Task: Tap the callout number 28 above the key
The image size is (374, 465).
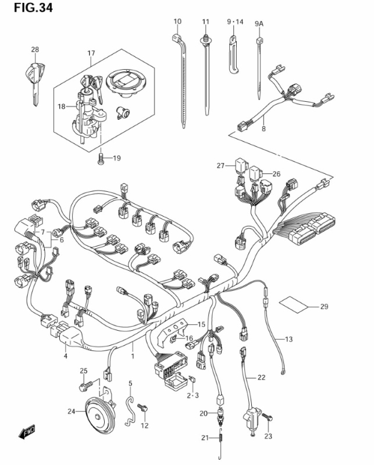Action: pos(35,50)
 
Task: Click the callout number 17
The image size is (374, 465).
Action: pos(91,53)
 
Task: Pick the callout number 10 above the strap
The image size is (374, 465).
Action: pos(177,22)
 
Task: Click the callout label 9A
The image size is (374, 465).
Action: pos(259,23)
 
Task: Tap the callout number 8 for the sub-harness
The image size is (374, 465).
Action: pos(263,129)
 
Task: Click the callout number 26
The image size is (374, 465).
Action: pos(276,174)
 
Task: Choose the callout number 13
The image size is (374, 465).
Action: pos(288,339)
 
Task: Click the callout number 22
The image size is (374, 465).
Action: pos(261,377)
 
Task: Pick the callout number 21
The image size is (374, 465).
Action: pos(204,438)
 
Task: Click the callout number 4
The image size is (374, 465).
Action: pos(66,356)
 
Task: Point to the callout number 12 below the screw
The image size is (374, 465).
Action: pos(145,425)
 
